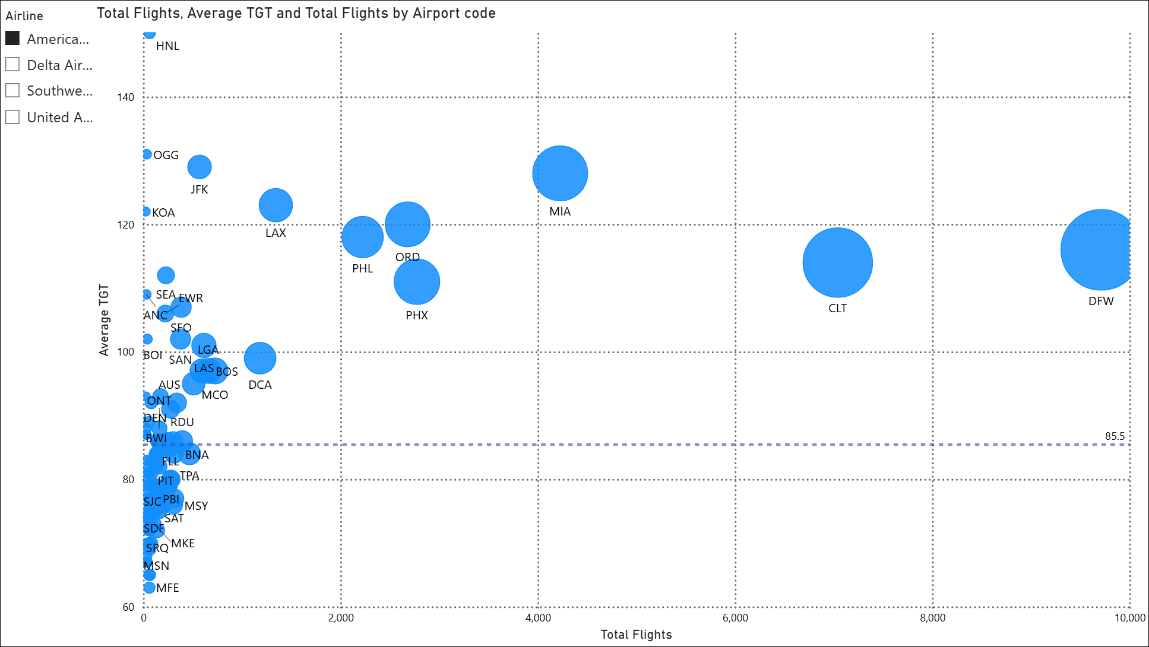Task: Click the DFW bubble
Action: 1099,250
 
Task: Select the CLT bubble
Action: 837,262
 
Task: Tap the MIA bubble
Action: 560,173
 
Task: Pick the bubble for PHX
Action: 417,282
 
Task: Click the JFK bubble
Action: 200,167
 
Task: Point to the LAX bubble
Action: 276,205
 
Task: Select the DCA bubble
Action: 260,358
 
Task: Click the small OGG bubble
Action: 147,154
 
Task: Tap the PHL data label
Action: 362,268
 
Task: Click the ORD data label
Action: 407,257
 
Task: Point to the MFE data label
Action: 167,588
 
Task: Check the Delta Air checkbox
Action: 12,64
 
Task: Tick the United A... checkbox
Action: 12,116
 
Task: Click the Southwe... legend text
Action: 59,91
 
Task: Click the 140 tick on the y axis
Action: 126,97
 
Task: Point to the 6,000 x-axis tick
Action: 735,618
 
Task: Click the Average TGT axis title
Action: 105,320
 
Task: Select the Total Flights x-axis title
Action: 636,635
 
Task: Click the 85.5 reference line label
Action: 1115,436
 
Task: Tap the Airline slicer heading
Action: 24,16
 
